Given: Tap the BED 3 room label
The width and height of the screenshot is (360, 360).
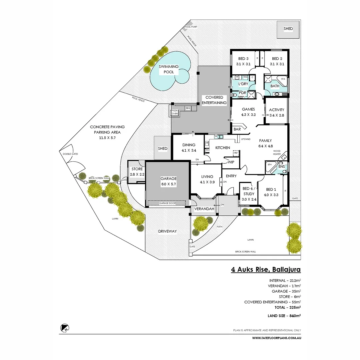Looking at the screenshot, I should pyautogui.click(x=243, y=61).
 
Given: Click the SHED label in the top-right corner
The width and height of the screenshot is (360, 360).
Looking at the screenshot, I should pyautogui.click(x=288, y=29).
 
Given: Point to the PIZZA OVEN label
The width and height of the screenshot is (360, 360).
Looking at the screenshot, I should pyautogui.click(x=175, y=112).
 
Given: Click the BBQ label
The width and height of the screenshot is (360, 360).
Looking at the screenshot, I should pyautogui.click(x=188, y=108).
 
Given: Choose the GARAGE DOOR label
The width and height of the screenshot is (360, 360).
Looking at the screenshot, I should pyautogui.click(x=167, y=203).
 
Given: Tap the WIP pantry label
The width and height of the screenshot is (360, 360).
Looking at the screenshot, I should pyautogui.click(x=231, y=162).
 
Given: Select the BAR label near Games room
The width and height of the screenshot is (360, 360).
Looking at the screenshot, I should pyautogui.click(x=237, y=129).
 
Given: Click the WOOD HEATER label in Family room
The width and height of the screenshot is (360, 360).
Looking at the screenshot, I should pyautogui.click(x=277, y=152).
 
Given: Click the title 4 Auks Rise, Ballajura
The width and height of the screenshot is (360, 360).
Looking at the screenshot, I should pyautogui.click(x=266, y=269).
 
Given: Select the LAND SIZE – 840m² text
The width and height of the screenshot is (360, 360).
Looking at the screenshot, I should pyautogui.click(x=284, y=315).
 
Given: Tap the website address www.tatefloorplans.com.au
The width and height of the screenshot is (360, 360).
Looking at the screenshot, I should pyautogui.click(x=277, y=338).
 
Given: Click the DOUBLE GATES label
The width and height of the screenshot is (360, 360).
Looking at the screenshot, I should pyautogui.click(x=70, y=154).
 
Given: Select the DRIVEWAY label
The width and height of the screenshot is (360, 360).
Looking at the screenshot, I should pyautogui.click(x=167, y=231).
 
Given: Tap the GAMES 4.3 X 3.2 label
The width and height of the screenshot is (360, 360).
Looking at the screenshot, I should pyautogui.click(x=248, y=112).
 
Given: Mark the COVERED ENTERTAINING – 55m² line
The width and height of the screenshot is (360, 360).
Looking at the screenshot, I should pyautogui.click(x=272, y=302).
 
